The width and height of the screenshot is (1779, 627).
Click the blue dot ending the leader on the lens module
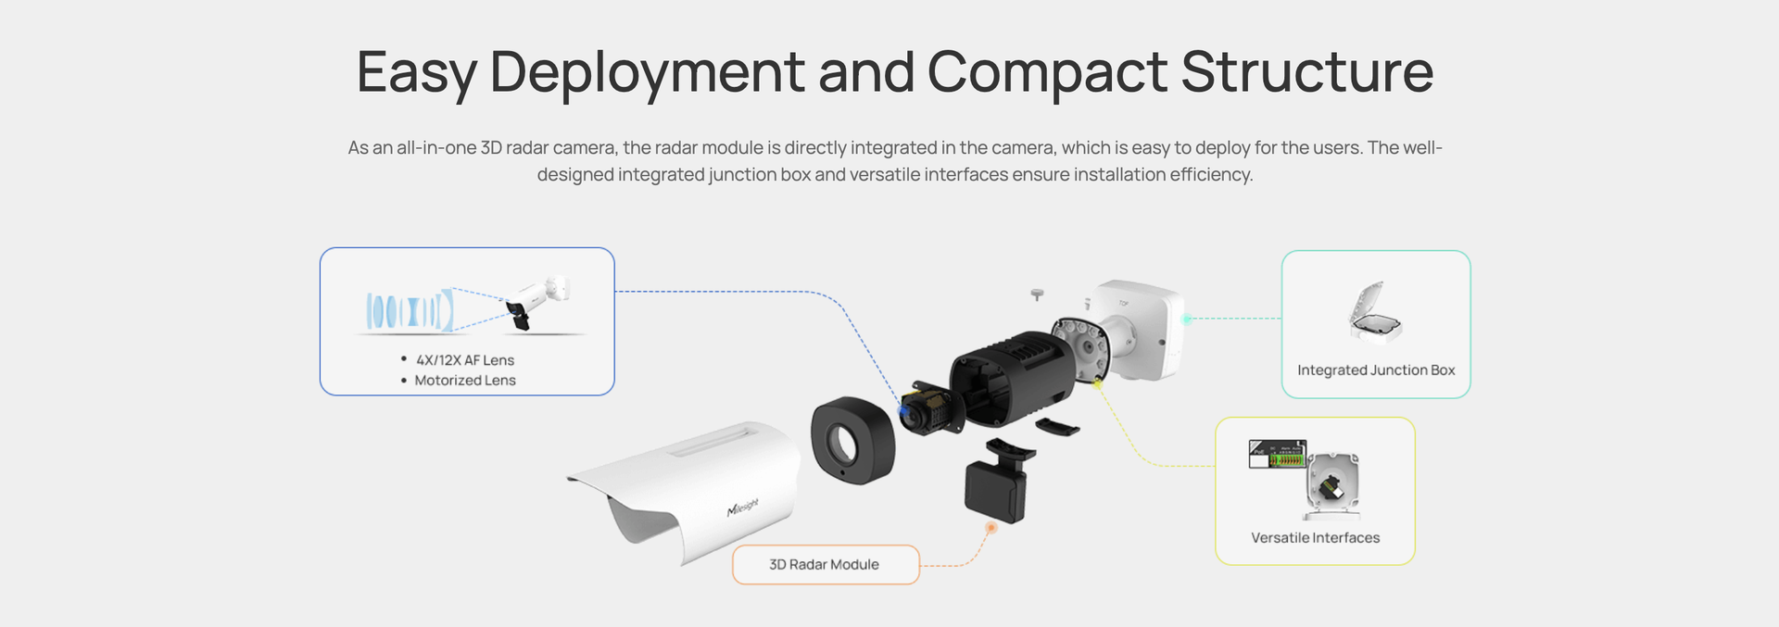tap(903, 409)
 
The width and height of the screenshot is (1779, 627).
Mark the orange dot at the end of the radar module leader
tap(990, 528)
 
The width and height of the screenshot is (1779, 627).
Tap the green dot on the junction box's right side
tap(1187, 319)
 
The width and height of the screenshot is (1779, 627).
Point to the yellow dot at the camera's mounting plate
tap(1097, 382)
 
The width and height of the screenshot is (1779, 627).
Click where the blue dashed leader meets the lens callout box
tap(614, 292)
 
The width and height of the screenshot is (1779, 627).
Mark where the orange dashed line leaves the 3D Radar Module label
tap(919, 565)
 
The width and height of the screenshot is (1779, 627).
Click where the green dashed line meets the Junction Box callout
tap(1281, 319)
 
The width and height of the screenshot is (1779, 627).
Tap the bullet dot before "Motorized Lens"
tap(404, 380)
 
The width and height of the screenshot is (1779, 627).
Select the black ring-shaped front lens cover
tap(853, 441)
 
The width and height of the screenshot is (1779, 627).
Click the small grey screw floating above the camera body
tap(1038, 295)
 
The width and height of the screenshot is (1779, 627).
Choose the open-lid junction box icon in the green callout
tap(1375, 312)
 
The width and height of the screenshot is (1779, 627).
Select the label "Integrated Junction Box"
tap(1376, 370)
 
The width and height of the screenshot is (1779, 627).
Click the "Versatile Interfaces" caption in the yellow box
tap(1315, 538)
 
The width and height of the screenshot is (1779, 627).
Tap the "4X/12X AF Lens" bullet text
tap(465, 360)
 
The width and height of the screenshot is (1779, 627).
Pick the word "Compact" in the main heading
tap(1047, 71)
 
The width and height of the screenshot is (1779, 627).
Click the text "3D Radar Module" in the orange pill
tap(824, 565)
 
